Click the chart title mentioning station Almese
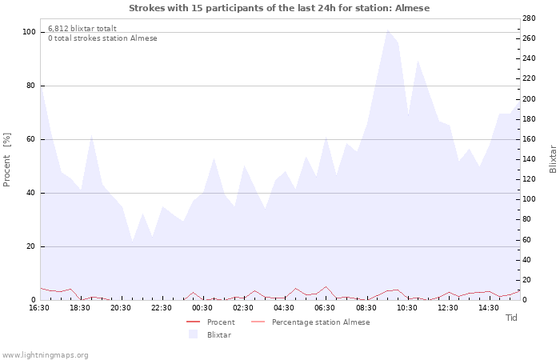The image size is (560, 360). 279,8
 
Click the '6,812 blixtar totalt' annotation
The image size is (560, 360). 82,28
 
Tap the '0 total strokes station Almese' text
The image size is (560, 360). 102,38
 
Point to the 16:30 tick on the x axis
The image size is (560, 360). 39,307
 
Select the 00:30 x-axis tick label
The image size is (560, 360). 202,307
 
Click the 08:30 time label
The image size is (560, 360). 366,307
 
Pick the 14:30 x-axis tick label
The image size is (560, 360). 488,307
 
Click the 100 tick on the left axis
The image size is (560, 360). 29,32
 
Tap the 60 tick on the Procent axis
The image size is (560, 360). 30,139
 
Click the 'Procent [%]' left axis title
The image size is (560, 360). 7,160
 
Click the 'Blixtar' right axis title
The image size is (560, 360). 553,158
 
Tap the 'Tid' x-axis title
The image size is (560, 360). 511,318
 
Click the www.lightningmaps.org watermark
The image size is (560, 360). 46,355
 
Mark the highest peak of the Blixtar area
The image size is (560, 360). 388,30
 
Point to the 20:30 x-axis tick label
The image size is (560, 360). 121,307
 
